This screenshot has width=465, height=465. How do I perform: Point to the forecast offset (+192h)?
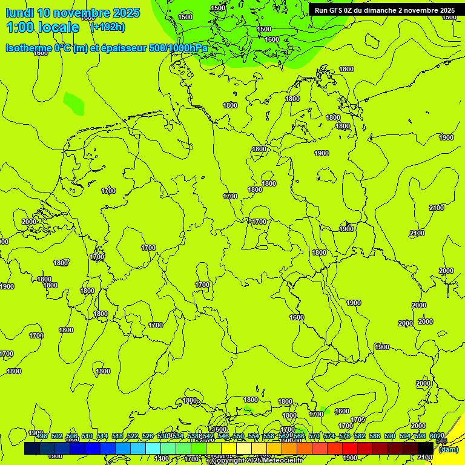[x=108, y=27]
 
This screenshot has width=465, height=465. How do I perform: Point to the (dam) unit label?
[x=449, y=449]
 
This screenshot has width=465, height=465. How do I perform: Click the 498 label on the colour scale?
[x=42, y=436]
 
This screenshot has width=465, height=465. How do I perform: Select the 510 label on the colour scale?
[x=87, y=436]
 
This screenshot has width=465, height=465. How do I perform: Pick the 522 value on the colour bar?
[x=133, y=436]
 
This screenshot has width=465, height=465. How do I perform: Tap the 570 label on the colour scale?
[x=314, y=436]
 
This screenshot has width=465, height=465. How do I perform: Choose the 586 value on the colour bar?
[x=375, y=436]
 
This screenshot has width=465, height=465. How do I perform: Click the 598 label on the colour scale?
[x=420, y=436]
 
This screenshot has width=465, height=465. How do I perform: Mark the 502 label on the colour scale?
[x=57, y=436]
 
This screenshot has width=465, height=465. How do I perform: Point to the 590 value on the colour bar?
[x=390, y=436]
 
